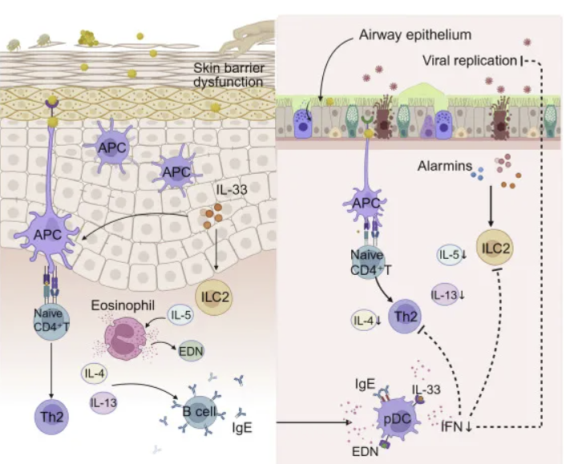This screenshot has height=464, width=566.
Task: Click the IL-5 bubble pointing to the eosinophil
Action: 180,316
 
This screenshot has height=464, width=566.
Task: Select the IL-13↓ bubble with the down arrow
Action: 447,294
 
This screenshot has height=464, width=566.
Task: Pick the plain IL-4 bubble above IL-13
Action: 97,372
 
